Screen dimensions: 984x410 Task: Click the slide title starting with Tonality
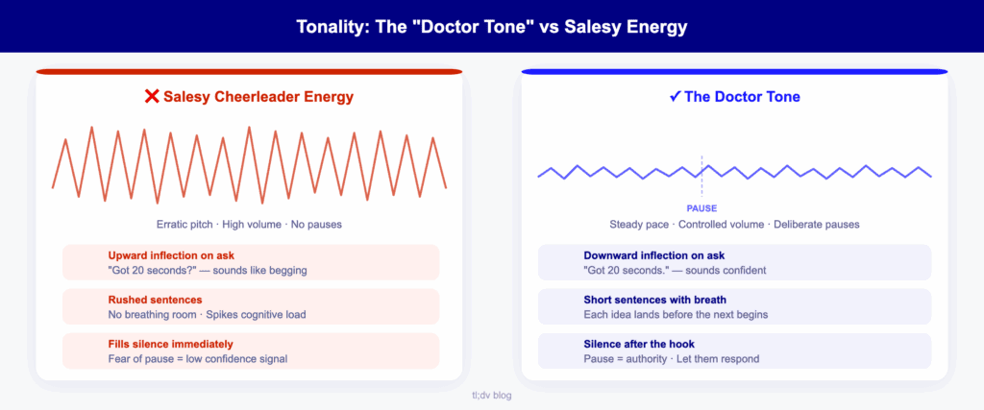(491, 27)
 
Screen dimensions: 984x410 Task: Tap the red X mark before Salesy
(151, 97)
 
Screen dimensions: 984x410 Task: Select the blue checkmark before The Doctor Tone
(676, 97)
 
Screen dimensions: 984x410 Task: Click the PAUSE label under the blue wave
(701, 208)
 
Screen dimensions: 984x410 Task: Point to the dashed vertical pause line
(701, 178)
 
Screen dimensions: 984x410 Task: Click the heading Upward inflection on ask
(171, 255)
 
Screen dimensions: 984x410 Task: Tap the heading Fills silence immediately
(171, 344)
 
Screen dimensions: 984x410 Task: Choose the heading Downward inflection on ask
(653, 255)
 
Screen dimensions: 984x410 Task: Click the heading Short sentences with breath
(654, 301)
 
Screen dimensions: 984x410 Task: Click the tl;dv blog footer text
(491, 396)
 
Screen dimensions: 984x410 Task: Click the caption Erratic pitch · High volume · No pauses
(249, 224)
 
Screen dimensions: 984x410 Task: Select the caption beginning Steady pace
(734, 224)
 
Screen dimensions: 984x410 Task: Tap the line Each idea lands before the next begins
(676, 315)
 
